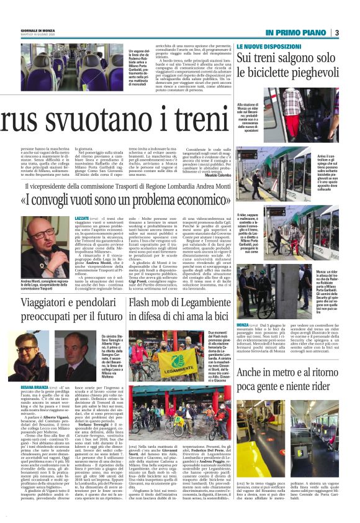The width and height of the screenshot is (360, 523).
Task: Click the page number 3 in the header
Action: (x=353, y=33)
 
